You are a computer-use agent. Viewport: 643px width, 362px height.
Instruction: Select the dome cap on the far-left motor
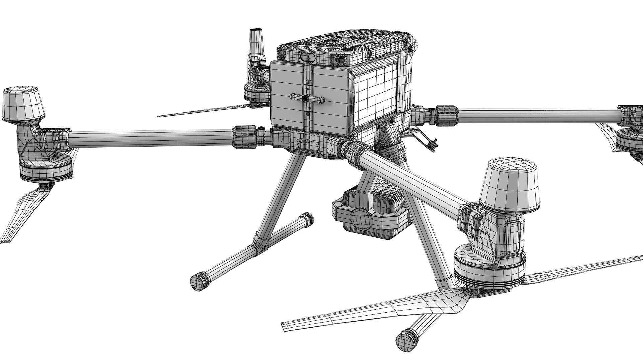point(23,105)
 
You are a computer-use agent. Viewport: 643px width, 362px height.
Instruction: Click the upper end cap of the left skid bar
point(307,220)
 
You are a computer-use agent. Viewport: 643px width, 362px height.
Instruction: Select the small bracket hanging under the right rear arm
point(427,139)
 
